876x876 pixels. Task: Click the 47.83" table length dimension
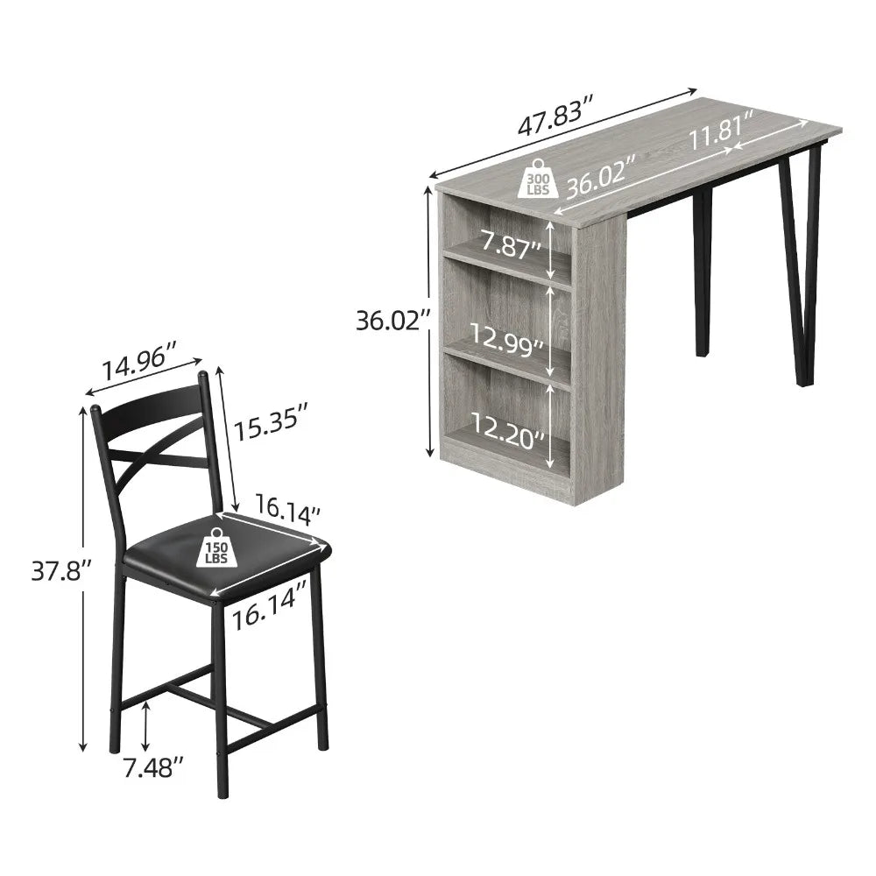pos(555,124)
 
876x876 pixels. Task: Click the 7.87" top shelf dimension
pos(505,245)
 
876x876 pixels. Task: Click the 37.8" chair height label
pos(61,572)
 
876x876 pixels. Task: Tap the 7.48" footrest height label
pos(154,768)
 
